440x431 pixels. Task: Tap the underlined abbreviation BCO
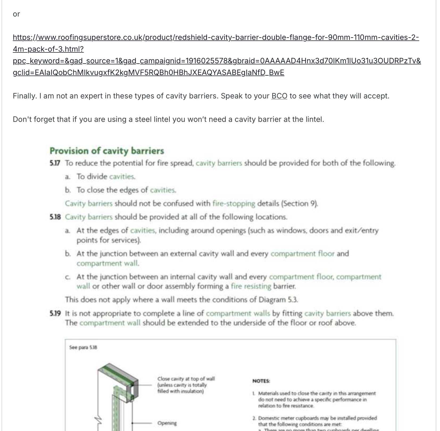click(279, 96)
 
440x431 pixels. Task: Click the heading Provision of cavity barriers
click(107, 151)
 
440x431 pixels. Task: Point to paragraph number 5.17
click(55, 163)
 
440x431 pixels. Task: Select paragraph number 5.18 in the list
click(55, 217)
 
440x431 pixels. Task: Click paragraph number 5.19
click(55, 313)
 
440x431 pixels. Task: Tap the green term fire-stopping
click(234, 204)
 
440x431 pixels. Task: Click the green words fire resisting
click(251, 286)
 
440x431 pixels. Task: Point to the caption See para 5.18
click(83, 347)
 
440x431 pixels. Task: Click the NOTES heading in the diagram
click(261, 381)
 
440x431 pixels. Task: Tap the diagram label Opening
click(167, 423)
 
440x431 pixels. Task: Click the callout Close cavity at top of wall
click(186, 379)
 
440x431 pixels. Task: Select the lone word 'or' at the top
click(16, 14)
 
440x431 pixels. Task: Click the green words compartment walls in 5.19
click(238, 313)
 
